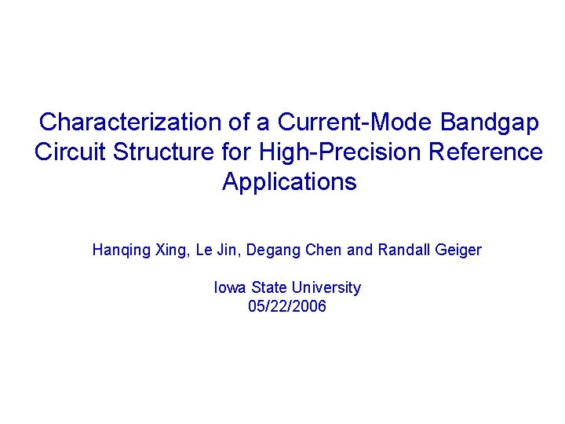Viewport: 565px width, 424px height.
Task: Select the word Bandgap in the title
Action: [x=490, y=122]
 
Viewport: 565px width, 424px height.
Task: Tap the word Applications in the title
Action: [x=290, y=182]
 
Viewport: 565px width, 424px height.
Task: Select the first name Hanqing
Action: [x=118, y=250]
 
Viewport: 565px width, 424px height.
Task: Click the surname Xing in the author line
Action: [x=167, y=250]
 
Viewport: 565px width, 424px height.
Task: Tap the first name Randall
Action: [x=403, y=250]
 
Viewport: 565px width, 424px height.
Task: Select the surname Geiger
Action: [x=458, y=250]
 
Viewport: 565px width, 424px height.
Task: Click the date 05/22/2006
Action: [x=287, y=306]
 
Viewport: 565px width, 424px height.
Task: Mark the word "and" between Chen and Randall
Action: [x=360, y=250]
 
